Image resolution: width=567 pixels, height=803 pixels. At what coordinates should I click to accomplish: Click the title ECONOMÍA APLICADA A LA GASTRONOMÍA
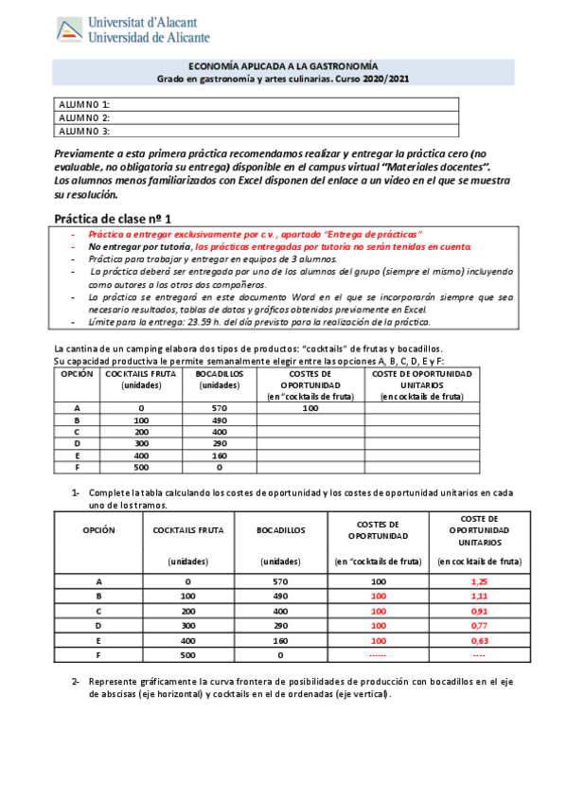pos(256,65)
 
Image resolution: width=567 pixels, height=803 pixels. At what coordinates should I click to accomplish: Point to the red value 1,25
pos(479,581)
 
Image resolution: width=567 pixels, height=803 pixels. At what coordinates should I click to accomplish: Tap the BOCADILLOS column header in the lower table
pos(280,530)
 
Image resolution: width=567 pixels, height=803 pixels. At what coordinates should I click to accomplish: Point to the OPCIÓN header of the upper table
pos(76,374)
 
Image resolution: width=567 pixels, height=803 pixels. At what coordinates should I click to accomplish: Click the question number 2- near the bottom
pos(76,683)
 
